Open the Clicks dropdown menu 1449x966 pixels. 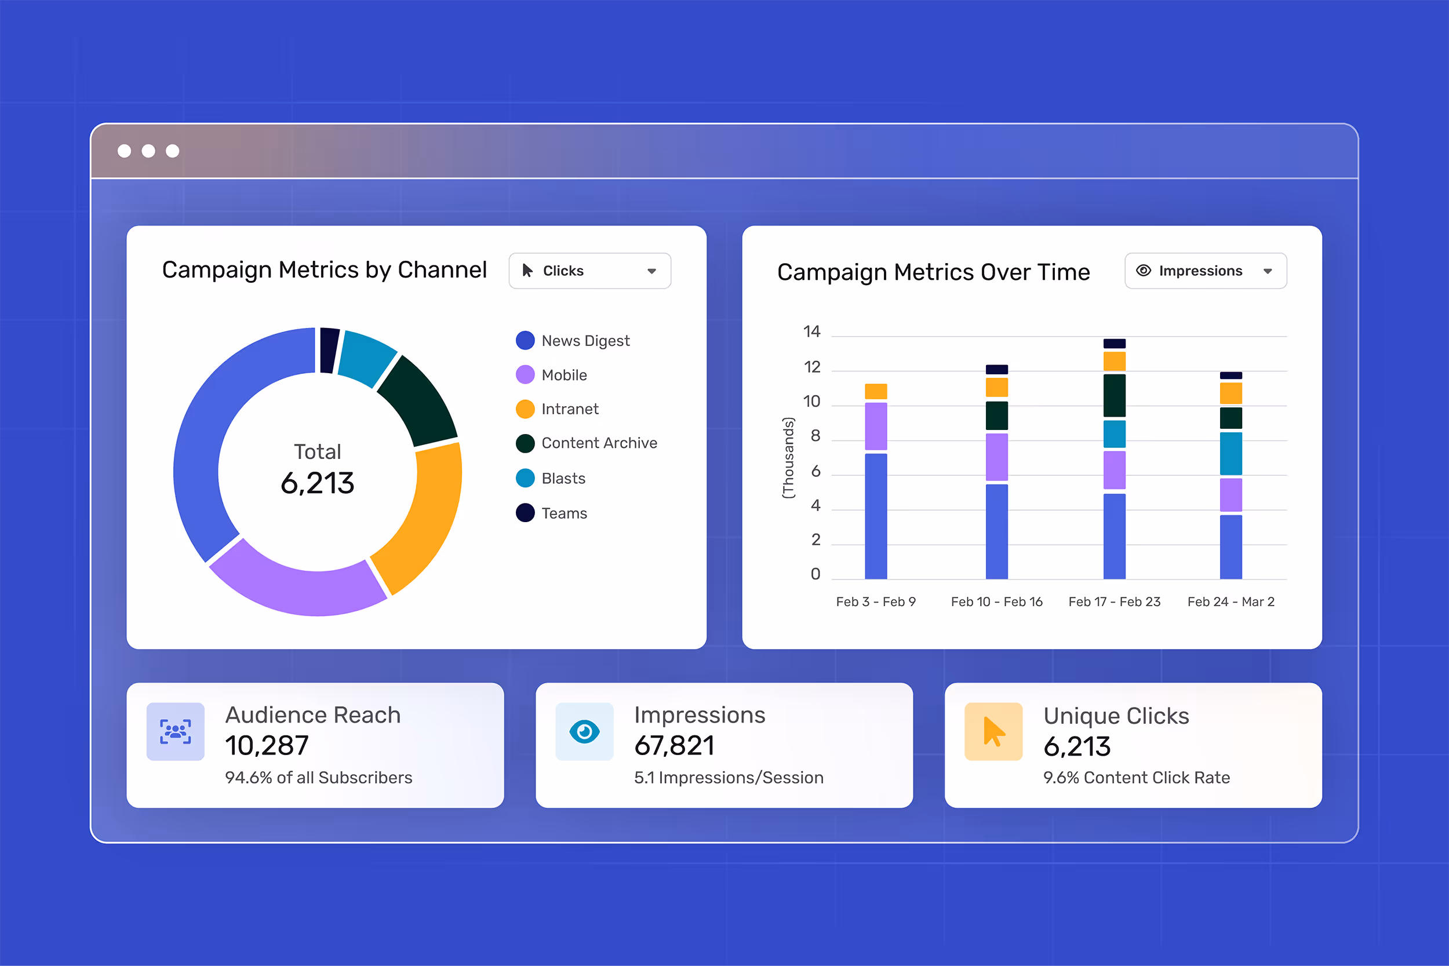[x=589, y=271]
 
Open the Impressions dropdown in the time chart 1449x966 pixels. [x=1205, y=271]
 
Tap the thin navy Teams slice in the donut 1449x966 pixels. [x=329, y=350]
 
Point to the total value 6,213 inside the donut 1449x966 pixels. [x=317, y=483]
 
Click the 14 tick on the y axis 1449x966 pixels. [x=811, y=331]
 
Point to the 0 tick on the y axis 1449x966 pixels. [x=815, y=574]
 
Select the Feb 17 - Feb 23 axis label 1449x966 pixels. [x=1114, y=602]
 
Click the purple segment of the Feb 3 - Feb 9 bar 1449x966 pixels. [x=875, y=426]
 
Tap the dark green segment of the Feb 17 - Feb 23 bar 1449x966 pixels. [x=1114, y=396]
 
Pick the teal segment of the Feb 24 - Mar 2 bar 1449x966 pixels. [x=1230, y=453]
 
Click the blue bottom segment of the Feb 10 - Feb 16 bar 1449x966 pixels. [x=996, y=531]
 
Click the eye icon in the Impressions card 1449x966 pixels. [x=584, y=731]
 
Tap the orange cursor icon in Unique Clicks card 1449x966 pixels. [x=993, y=731]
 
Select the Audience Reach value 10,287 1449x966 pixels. [x=267, y=745]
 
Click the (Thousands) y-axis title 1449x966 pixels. [x=788, y=458]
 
